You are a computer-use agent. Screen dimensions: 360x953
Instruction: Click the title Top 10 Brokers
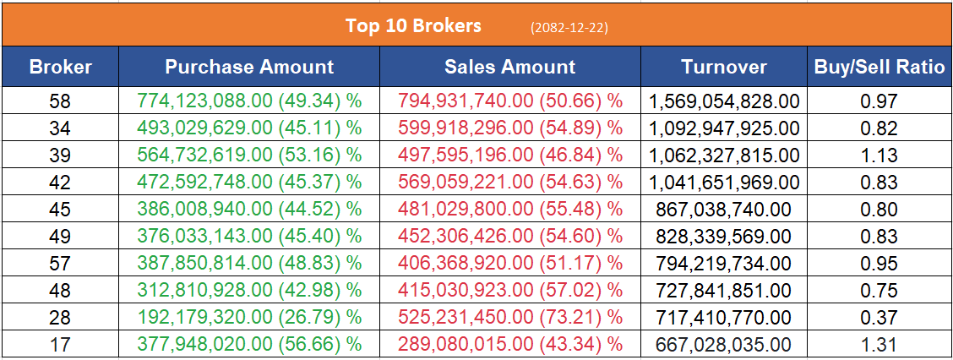pos(413,25)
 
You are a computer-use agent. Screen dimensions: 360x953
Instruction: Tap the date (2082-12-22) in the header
pos(569,27)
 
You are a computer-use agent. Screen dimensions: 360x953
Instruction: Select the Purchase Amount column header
pos(249,67)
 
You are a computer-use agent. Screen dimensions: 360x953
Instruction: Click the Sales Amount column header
pos(509,67)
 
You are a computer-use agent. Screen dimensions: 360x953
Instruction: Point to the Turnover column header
pos(724,67)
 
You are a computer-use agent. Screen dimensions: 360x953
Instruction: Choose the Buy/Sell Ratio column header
pos(879,67)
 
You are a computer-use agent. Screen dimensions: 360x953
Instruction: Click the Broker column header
pos(60,67)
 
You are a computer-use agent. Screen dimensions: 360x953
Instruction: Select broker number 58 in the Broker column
pos(60,102)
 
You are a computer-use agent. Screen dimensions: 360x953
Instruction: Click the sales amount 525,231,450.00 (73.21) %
pos(509,318)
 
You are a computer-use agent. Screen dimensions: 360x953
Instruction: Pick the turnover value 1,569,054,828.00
pos(724,102)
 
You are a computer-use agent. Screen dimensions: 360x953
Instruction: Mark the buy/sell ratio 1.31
pos(879,345)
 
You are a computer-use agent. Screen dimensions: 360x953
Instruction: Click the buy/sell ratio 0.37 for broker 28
pos(879,318)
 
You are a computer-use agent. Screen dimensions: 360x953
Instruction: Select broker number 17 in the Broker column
pos(60,345)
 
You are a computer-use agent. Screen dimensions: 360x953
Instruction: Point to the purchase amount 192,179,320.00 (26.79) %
pos(249,318)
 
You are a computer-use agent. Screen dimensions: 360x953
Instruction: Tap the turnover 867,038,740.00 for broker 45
pos(724,210)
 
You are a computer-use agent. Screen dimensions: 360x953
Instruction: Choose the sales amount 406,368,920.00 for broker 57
pos(509,264)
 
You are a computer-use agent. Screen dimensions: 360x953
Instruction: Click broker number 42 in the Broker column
pos(60,183)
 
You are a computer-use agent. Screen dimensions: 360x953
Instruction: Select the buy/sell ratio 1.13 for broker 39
pos(879,155)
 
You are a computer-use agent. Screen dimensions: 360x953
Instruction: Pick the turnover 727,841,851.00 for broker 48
pos(724,291)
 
